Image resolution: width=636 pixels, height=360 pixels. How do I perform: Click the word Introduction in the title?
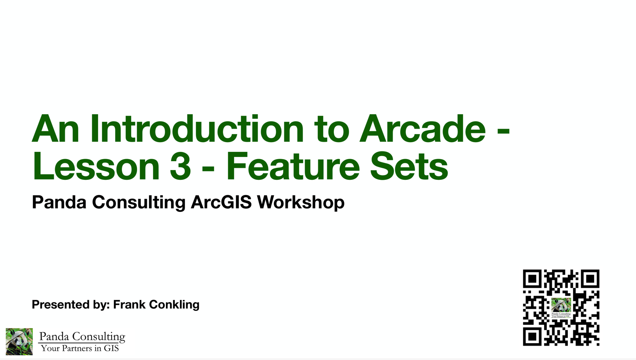(x=197, y=129)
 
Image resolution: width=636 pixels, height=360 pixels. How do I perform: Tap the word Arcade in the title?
(x=422, y=129)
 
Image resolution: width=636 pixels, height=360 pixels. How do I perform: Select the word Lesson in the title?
(x=96, y=166)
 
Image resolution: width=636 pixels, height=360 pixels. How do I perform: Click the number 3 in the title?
(x=180, y=166)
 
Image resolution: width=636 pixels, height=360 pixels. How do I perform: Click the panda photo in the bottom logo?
(x=19, y=341)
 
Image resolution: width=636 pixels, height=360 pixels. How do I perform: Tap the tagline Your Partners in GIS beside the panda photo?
(x=80, y=349)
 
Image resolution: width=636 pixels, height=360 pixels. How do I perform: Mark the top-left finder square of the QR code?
(x=532, y=279)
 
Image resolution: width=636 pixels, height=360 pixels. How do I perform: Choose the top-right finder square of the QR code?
(x=590, y=279)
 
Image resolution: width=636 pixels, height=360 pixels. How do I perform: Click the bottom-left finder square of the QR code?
(x=532, y=336)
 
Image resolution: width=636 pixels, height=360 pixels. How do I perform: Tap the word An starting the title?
(x=55, y=129)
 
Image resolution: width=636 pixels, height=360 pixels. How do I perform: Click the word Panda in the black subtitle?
(x=59, y=202)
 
